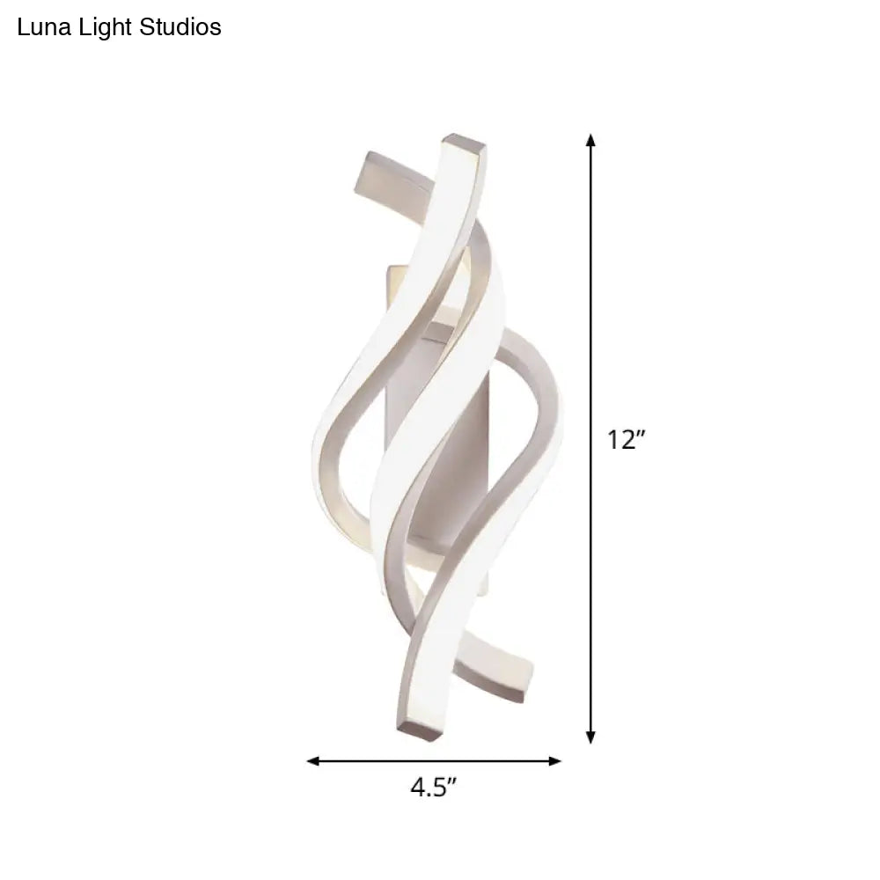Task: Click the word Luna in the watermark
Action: (x=40, y=27)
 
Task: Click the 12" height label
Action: (x=627, y=440)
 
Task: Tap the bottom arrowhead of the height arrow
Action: (x=590, y=738)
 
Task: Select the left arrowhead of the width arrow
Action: (x=312, y=761)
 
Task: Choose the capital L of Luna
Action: (x=22, y=27)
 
